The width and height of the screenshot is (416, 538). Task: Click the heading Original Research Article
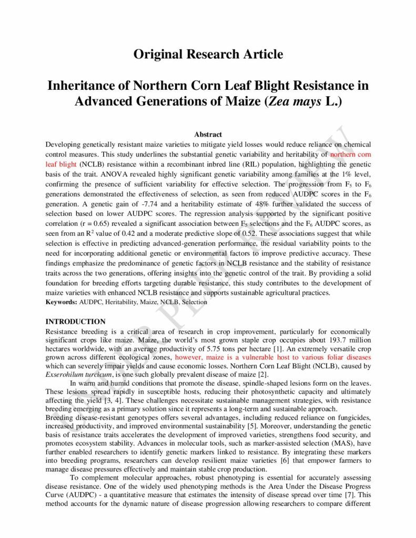(208, 54)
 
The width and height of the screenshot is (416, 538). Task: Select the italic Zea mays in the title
(295, 101)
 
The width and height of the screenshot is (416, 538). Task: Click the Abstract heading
(208, 135)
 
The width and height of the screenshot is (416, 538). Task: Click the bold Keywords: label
(62, 302)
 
